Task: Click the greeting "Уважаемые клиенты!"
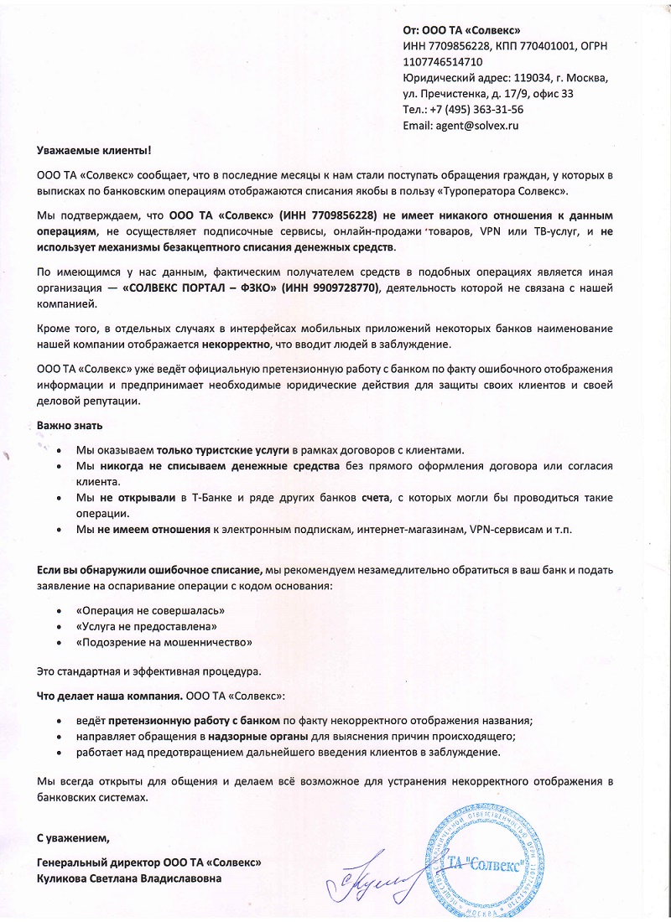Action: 94,150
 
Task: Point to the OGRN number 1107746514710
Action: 443,62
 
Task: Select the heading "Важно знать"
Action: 70,426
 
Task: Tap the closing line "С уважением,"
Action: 73,837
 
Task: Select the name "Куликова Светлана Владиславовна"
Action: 130,878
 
